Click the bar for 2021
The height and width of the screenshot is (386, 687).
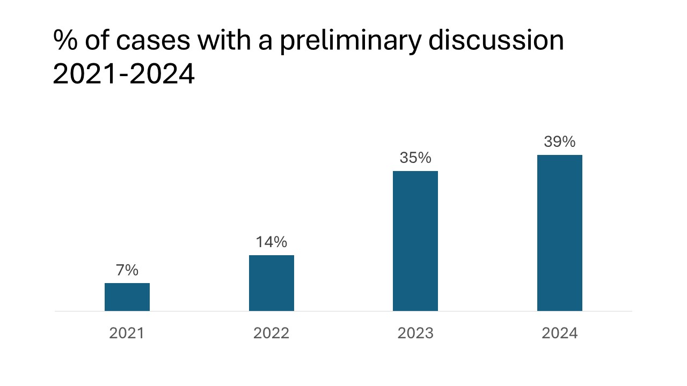pyautogui.click(x=127, y=297)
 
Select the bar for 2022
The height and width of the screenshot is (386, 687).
pyautogui.click(x=272, y=283)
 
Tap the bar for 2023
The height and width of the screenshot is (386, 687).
pyautogui.click(x=415, y=241)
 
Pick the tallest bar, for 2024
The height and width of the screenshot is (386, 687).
pyautogui.click(x=560, y=233)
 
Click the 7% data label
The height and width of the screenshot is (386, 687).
pyautogui.click(x=127, y=270)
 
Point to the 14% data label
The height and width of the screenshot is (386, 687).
pyautogui.click(x=272, y=242)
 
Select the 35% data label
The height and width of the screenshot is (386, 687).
pyautogui.click(x=415, y=158)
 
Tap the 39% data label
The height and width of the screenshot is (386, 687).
pyautogui.click(x=560, y=142)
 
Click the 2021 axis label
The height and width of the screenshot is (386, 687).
pyautogui.click(x=127, y=333)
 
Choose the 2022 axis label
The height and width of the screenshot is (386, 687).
pyautogui.click(x=272, y=333)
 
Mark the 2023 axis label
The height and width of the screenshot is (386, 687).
pyautogui.click(x=415, y=333)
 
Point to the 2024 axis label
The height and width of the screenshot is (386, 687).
pyautogui.click(x=560, y=333)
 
